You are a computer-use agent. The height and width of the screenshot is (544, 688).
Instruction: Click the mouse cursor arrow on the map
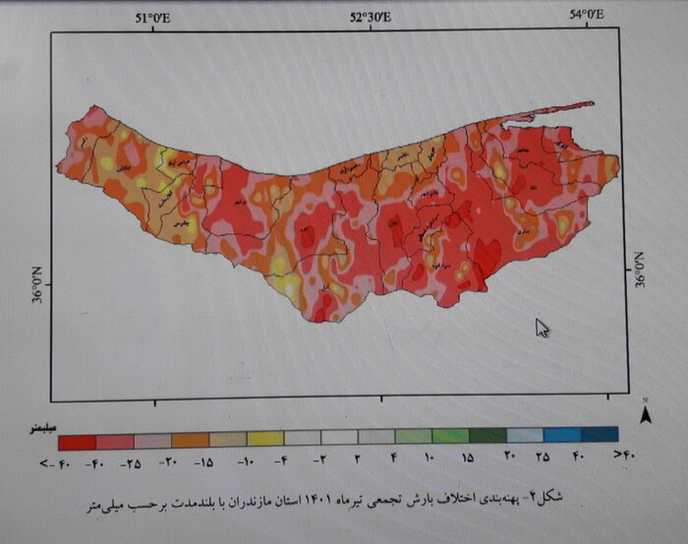(542, 328)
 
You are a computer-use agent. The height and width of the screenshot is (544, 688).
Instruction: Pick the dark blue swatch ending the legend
(599, 434)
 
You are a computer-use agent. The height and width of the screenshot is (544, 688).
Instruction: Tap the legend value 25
(542, 457)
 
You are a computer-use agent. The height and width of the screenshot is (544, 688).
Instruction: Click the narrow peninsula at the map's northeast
(550, 111)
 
